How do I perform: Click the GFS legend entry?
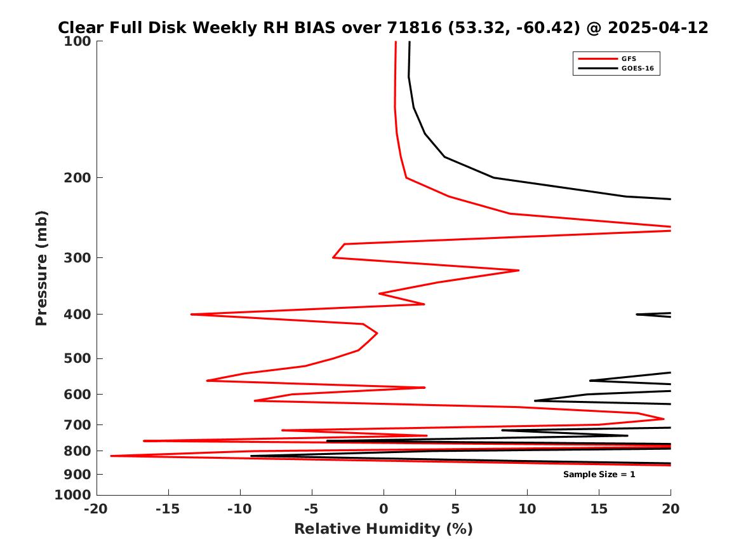629,58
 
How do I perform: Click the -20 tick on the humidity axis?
97,509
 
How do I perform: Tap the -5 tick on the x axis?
311,509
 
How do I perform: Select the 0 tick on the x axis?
384,509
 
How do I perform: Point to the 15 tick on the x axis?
599,509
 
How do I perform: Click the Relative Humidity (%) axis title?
384,529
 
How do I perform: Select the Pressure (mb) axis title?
42,268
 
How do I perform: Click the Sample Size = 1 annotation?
599,475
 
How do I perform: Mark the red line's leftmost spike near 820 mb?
112,456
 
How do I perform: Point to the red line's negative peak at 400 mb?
192,314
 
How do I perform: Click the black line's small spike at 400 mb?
638,314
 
